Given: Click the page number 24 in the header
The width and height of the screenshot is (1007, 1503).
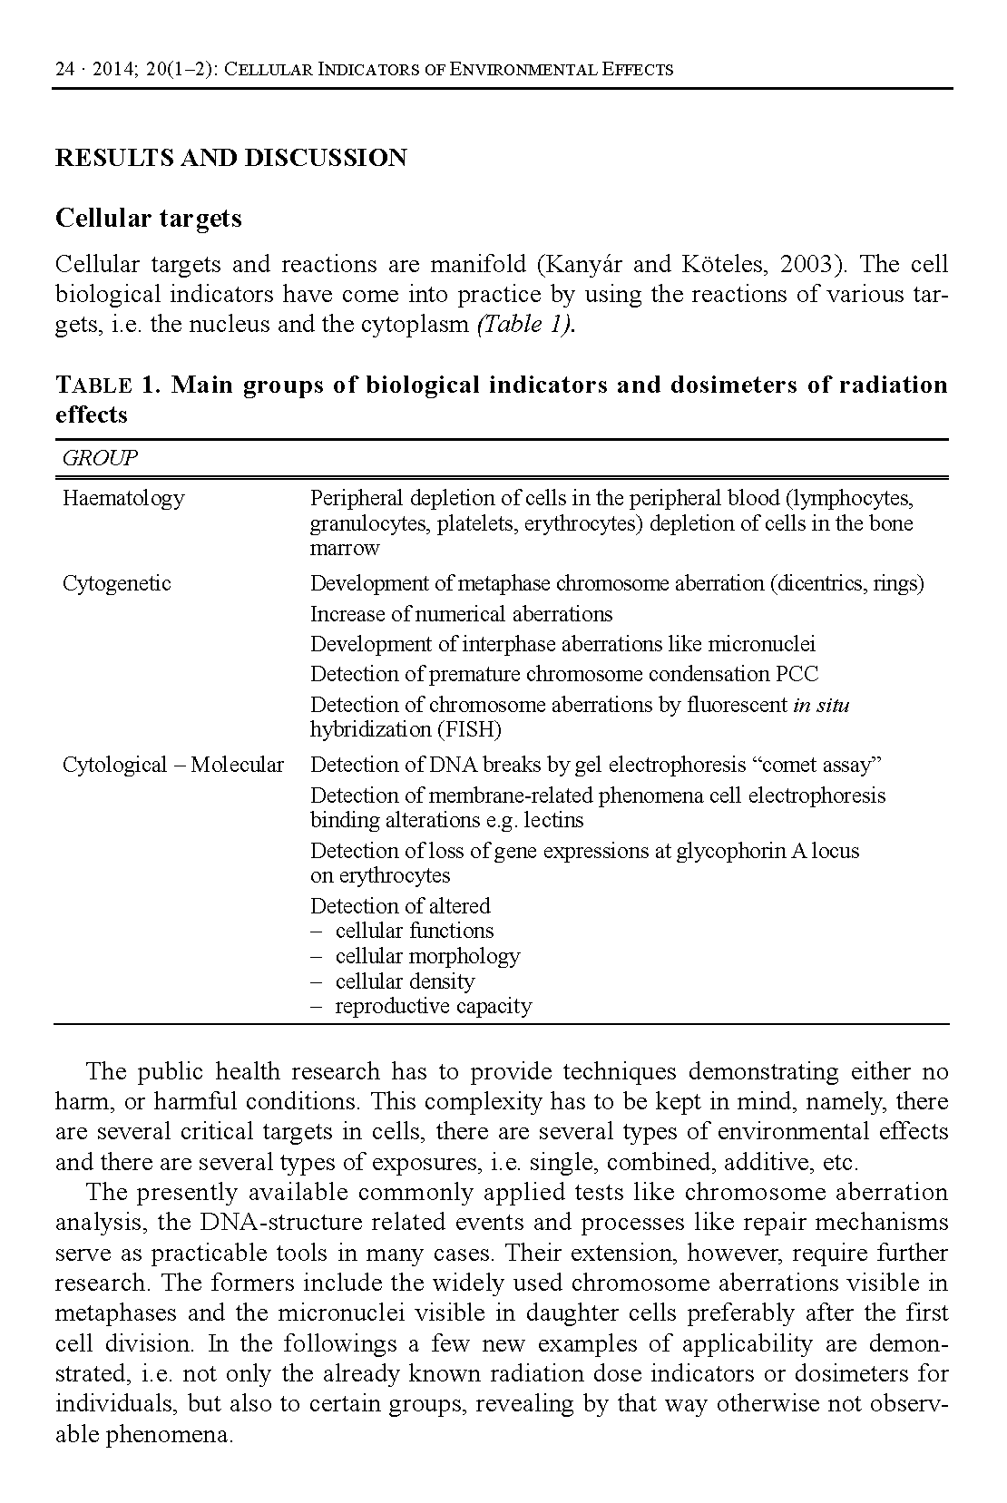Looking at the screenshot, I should click(64, 69).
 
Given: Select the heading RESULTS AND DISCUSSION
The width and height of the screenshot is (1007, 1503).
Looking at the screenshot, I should click(231, 158).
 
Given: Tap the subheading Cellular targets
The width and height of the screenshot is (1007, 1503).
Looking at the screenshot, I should click(149, 219).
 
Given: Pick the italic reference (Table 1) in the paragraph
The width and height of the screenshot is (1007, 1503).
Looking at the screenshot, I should click(525, 325).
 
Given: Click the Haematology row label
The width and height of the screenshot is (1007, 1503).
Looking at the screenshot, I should click(122, 498).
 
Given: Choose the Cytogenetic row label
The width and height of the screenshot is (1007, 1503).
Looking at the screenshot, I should click(116, 583).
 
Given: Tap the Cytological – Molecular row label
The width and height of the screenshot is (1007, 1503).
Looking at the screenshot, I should click(172, 765).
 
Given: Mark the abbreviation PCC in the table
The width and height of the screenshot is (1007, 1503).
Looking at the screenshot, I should click(797, 674).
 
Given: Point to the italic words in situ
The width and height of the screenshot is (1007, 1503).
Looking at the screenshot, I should click(821, 705).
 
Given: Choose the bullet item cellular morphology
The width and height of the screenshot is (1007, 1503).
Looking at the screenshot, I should click(427, 956).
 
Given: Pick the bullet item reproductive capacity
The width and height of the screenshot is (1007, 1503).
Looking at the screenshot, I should click(433, 1006).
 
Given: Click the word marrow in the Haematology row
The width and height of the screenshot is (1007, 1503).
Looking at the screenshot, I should click(345, 548).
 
